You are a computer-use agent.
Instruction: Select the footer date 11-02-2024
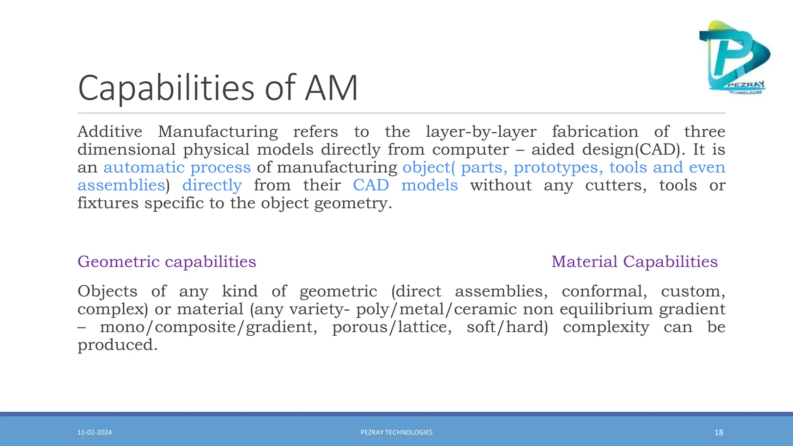pyautogui.click(x=94, y=432)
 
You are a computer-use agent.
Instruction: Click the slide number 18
pyautogui.click(x=719, y=432)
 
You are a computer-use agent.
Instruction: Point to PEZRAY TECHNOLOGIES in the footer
pyautogui.click(x=396, y=432)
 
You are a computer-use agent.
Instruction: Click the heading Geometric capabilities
pyautogui.click(x=166, y=262)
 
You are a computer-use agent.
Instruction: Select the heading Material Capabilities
pyautogui.click(x=634, y=262)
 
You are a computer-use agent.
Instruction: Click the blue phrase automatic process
pyautogui.click(x=177, y=168)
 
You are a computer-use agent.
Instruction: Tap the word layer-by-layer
pyautogui.click(x=481, y=132)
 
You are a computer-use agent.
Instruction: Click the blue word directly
pyautogui.click(x=212, y=185)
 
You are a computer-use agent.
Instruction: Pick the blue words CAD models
pyautogui.click(x=405, y=185)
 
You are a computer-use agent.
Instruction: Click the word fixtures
pyautogui.click(x=108, y=203)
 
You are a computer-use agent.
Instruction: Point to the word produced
pyautogui.click(x=117, y=345)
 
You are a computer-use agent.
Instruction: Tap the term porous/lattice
pyautogui.click(x=391, y=327)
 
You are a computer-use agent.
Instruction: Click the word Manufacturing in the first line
pyautogui.click(x=218, y=132)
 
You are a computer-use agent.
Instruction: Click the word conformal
pyautogui.click(x=604, y=292)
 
